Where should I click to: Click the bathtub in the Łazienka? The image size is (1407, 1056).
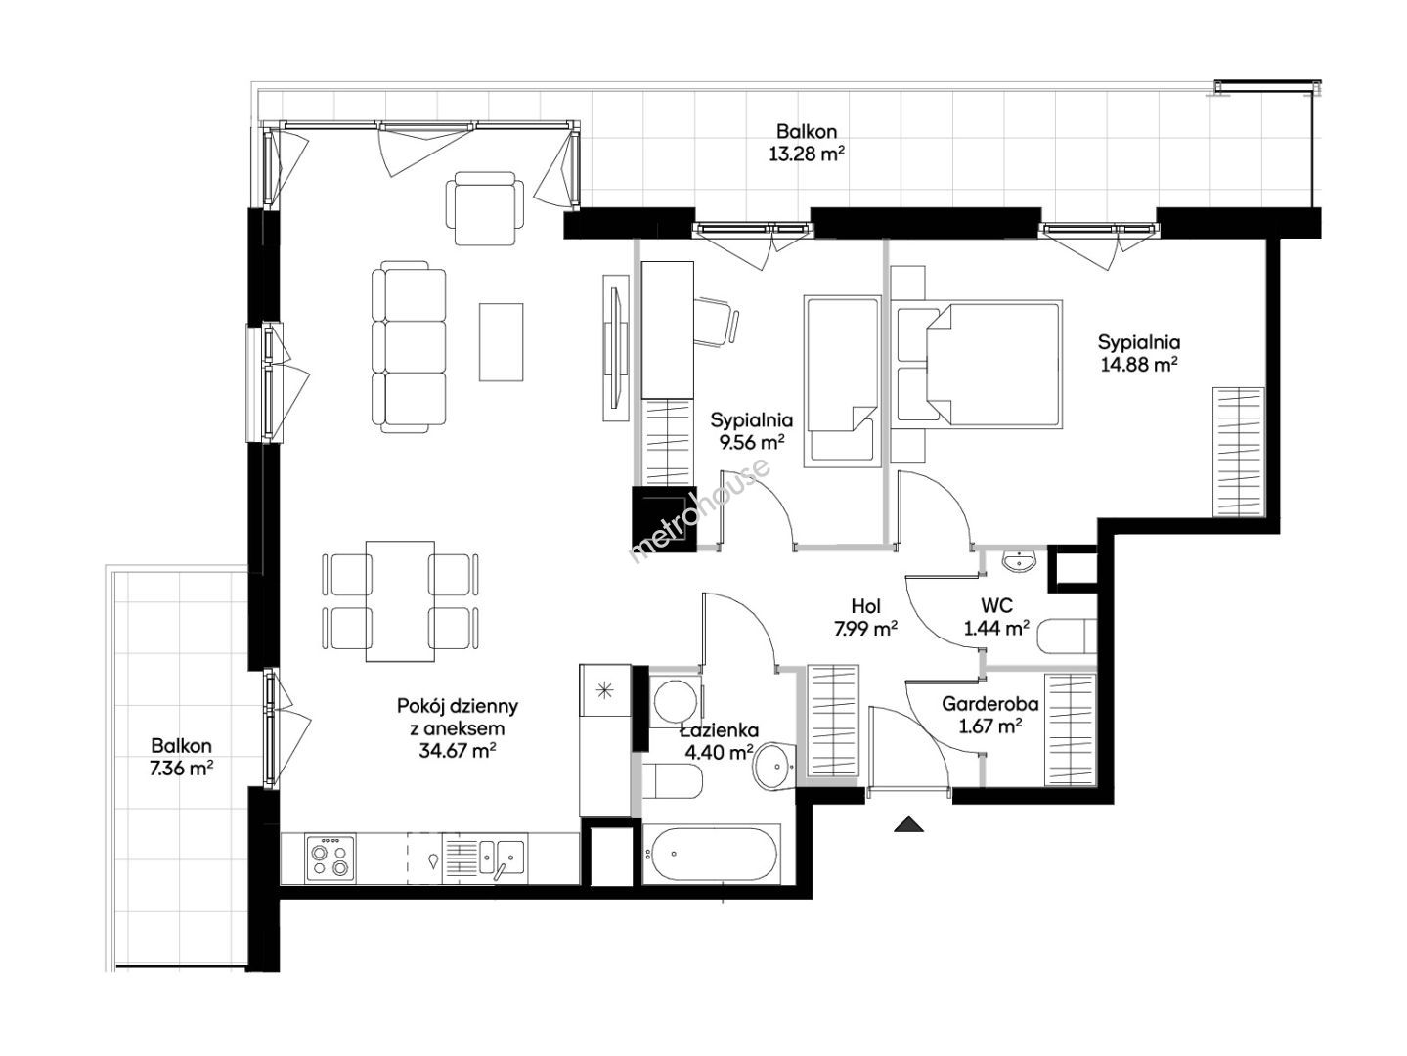pos(711,854)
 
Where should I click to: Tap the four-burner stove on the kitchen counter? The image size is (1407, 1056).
pos(330,858)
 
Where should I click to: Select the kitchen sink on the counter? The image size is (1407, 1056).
pos(502,857)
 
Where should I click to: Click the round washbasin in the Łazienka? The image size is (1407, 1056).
pos(773,767)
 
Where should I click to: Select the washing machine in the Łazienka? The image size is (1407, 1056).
pos(675,701)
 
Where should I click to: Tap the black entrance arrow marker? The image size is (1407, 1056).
pos(909,824)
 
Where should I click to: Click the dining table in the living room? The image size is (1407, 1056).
pos(400,601)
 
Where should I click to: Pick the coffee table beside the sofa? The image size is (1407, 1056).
pos(502,342)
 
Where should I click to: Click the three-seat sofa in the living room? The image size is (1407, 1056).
pos(409,347)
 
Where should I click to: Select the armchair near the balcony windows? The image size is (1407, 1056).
pos(485,208)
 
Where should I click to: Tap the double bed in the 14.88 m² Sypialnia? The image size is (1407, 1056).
pos(978,364)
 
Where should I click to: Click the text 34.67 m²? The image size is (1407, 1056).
pos(457,750)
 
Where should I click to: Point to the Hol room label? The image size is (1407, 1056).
pos(865,605)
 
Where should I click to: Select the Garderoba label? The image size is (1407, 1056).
pos(989,704)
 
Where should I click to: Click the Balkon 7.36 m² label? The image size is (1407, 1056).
pos(182,757)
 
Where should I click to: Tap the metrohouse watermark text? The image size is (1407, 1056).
pos(701,509)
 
